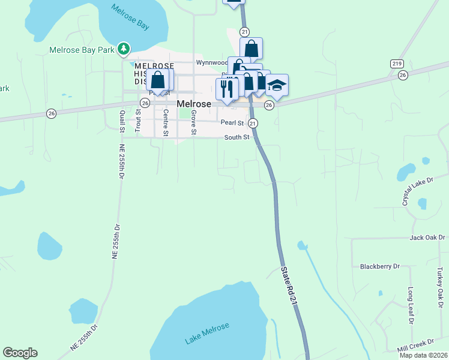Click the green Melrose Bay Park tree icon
(x=124, y=47)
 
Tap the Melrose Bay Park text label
(x=82, y=50)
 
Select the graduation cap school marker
(x=277, y=86)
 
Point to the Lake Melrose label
(x=207, y=334)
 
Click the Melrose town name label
(x=194, y=104)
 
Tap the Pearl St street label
(x=232, y=122)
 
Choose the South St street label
(x=237, y=137)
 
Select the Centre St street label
(x=166, y=122)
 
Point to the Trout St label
(x=137, y=121)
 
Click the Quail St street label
(x=122, y=119)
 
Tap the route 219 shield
(x=396, y=64)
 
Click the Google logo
(x=20, y=353)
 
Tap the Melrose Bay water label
(x=130, y=17)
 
